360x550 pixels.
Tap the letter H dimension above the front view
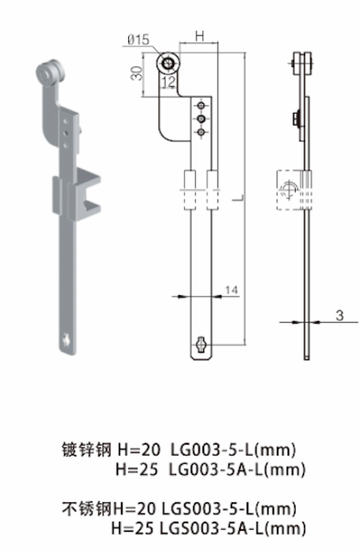click(199, 36)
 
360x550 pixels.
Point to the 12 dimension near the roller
click(167, 82)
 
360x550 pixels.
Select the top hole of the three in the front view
click(199, 104)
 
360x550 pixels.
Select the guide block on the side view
click(291, 188)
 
